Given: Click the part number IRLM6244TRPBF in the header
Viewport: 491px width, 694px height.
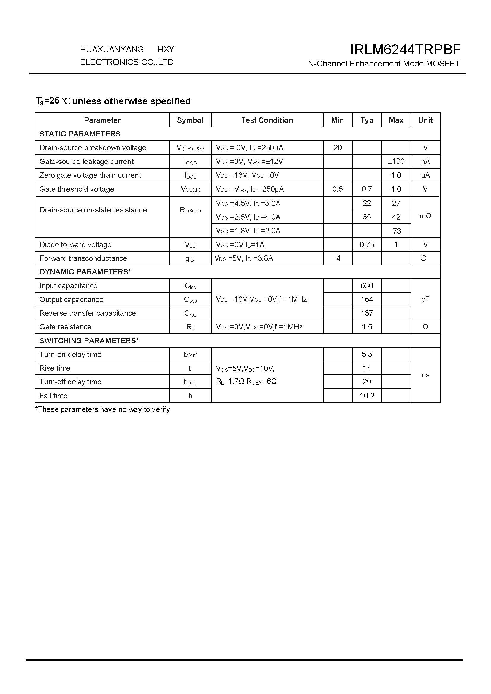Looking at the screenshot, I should (x=405, y=50).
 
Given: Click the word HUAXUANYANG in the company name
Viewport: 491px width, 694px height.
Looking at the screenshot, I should (x=112, y=49).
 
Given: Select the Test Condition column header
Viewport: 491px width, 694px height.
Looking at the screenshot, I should (x=267, y=120).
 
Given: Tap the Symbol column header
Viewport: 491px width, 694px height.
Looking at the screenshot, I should (x=190, y=120).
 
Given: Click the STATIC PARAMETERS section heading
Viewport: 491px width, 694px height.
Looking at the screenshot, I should (x=80, y=134).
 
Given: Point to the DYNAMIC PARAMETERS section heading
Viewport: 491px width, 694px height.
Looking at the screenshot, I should (x=85, y=272).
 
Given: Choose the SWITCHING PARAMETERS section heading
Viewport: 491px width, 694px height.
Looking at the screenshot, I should (x=89, y=341).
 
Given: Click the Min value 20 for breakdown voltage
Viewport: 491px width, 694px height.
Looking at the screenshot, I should (x=338, y=147).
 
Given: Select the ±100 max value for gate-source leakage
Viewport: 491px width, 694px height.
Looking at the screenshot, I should (x=396, y=161).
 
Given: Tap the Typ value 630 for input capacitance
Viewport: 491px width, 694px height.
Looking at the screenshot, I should (x=367, y=286).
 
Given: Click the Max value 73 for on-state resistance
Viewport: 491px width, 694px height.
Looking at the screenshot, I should (x=397, y=231).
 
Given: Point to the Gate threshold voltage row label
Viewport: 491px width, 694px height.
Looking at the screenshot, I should (x=77, y=189).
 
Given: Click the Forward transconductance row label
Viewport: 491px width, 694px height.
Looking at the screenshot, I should (x=83, y=258).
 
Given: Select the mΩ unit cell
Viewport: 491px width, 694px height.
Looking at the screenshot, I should (x=425, y=216).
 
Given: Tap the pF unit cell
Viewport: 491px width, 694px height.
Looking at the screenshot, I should (x=425, y=299).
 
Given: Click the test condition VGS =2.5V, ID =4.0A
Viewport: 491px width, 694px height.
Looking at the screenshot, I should (x=248, y=217).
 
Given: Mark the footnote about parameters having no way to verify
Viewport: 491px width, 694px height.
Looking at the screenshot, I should (x=103, y=409).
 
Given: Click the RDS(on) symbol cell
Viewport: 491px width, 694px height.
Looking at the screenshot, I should (x=190, y=210).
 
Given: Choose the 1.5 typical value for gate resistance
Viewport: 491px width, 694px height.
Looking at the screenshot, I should (x=367, y=327).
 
